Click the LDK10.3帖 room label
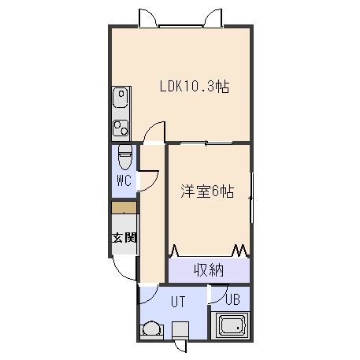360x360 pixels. tap(195, 87)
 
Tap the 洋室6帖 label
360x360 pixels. tap(207, 191)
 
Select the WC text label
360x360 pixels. tap(124, 180)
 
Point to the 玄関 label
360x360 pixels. tap(124, 238)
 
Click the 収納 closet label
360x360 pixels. tap(209, 270)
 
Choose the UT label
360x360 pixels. tap(178, 302)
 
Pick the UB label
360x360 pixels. tap(232, 299)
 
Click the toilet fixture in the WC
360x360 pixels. tap(124, 157)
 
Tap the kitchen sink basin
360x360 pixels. tap(121, 98)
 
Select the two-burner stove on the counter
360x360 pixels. tap(121, 128)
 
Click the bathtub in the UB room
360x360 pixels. tap(232, 326)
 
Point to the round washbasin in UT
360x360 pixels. tap(151, 329)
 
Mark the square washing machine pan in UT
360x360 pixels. tap(180, 330)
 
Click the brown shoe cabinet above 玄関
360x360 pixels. tap(124, 208)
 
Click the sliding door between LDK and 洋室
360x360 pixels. tap(206, 143)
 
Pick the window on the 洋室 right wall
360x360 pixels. tap(252, 198)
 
